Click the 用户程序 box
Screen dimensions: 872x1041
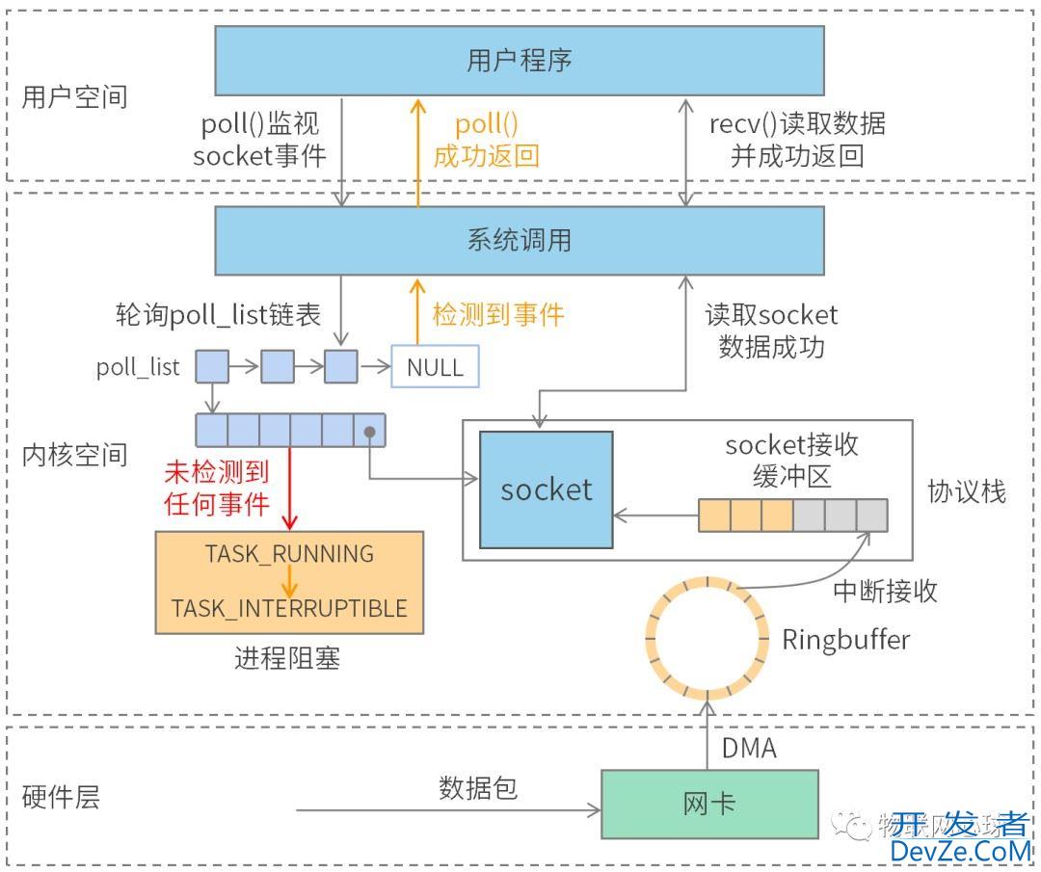point(519,61)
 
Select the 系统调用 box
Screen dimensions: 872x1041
point(519,240)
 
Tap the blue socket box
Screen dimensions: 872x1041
point(546,489)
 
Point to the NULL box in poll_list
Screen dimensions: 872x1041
point(434,367)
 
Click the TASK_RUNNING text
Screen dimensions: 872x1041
point(289,554)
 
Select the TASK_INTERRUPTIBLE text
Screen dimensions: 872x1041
point(289,609)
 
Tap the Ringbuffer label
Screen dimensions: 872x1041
point(845,639)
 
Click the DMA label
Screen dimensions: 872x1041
point(749,748)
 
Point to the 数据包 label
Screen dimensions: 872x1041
point(478,788)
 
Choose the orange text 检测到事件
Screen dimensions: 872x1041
point(497,314)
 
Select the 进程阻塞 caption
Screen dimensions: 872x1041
point(287,659)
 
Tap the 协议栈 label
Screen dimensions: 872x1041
point(966,491)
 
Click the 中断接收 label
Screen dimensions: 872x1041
point(885,591)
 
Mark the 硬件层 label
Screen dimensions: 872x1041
point(61,798)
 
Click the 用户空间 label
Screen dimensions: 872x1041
point(74,97)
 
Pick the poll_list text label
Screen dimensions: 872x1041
point(138,367)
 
